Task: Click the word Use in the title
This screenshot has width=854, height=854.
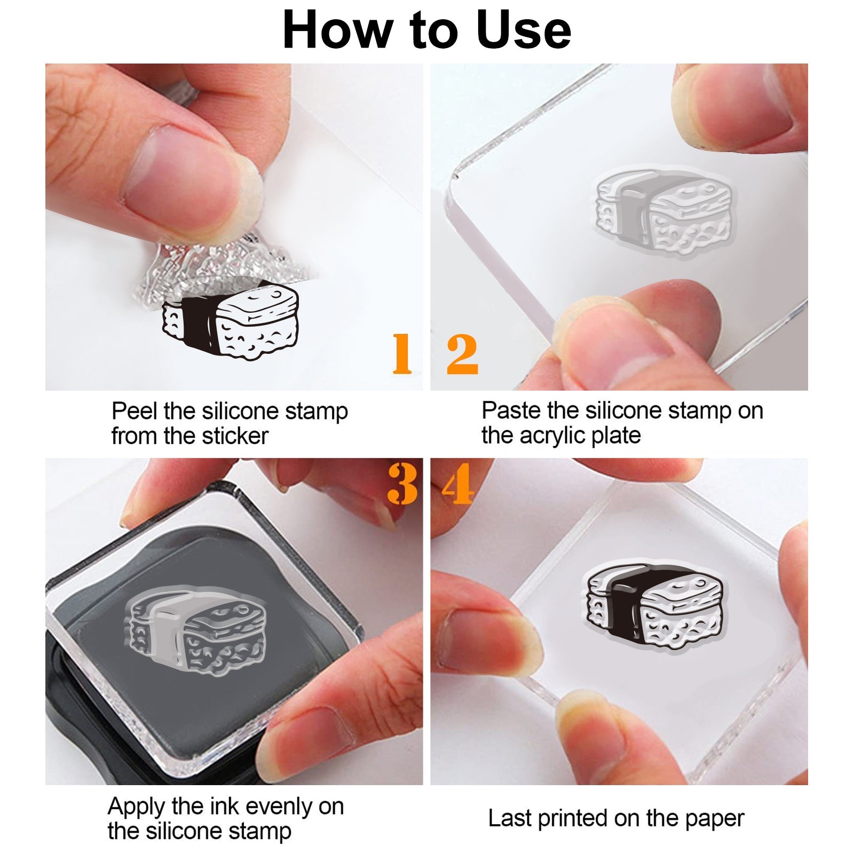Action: [x=524, y=30]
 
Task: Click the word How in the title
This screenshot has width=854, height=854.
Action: [x=340, y=30]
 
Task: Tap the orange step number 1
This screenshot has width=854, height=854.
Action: [x=402, y=353]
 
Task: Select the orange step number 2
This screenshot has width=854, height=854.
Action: [x=462, y=353]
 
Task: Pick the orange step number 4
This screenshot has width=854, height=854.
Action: [x=458, y=484]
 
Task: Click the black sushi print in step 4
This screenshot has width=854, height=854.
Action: [x=655, y=604]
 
